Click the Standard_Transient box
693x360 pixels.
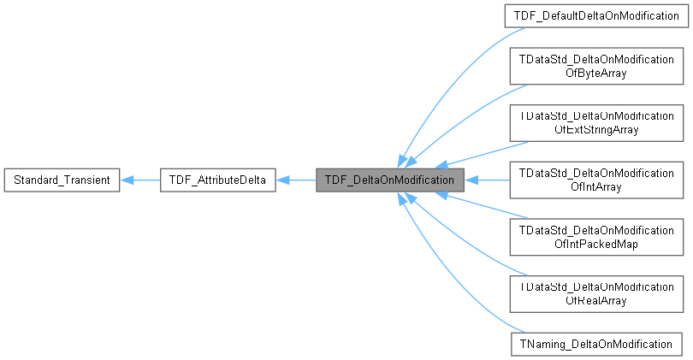61,180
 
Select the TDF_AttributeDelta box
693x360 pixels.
217,180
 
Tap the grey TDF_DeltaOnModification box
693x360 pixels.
389,180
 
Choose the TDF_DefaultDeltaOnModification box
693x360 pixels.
595,16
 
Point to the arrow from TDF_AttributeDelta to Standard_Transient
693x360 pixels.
141,180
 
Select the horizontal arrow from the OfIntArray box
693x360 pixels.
488,180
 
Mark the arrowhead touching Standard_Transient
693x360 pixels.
127,180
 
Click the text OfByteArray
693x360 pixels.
591,74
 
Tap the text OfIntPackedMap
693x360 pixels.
591,245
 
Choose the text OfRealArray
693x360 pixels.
591,301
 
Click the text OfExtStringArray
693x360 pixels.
591,130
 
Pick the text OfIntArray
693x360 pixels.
591,187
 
